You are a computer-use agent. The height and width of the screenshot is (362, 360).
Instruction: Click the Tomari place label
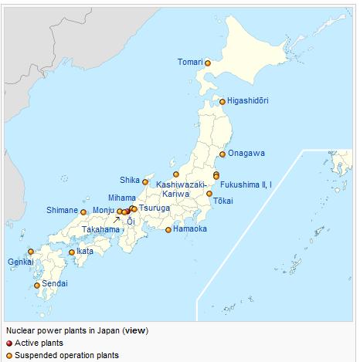point(190,62)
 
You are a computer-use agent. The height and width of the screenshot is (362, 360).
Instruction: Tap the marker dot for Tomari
point(208,63)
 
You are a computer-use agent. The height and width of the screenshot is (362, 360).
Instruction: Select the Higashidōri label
point(248,101)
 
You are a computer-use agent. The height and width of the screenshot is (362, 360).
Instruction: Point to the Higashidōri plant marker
point(222,101)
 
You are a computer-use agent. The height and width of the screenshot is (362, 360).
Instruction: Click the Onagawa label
point(248,153)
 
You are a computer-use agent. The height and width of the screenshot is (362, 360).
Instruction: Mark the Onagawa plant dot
point(223,154)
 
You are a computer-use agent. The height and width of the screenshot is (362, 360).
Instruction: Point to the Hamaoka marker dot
point(168,229)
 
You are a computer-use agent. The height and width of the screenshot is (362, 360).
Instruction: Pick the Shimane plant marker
point(83,211)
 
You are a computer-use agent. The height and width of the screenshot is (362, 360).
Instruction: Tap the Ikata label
point(85,251)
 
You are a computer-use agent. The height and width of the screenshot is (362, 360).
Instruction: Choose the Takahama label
point(101,229)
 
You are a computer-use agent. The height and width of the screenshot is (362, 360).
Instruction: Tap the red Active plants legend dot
point(8,343)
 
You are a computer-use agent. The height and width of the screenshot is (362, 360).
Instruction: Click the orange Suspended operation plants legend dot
point(8,355)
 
